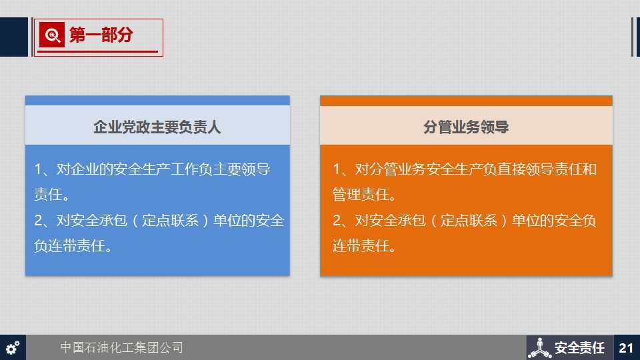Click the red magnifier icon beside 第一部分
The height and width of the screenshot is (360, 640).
[x=52, y=35]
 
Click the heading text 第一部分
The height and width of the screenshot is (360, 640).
[x=101, y=35]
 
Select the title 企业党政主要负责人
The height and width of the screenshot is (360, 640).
[x=157, y=127]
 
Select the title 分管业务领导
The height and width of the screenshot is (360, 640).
[x=466, y=127]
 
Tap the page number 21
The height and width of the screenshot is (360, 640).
[x=626, y=348]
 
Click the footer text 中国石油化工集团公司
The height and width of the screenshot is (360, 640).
[x=121, y=347]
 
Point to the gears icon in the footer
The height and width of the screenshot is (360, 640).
[x=13, y=348]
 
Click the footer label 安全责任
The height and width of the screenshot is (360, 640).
[x=579, y=348]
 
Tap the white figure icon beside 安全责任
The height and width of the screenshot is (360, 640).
[x=539, y=348]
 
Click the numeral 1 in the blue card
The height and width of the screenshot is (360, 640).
[x=38, y=169]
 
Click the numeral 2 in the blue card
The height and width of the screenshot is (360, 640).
[x=39, y=221]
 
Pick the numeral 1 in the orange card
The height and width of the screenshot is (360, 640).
[x=337, y=169]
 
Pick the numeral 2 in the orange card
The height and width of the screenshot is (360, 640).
[x=337, y=221]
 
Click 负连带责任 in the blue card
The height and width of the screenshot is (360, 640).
[x=69, y=246]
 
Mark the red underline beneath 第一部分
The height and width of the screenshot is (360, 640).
[x=97, y=52]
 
